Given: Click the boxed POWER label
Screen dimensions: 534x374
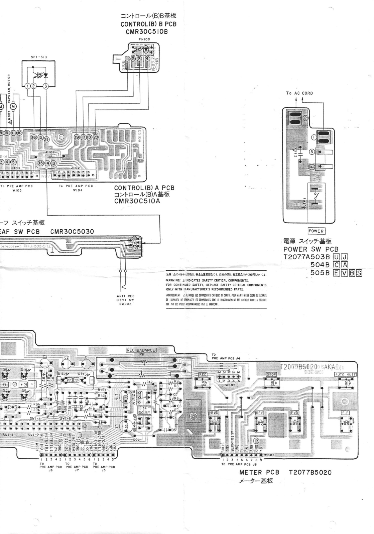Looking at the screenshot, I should [316, 231].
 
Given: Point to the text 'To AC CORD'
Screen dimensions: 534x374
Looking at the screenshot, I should [299, 93].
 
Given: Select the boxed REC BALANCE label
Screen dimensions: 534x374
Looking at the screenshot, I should [141, 350].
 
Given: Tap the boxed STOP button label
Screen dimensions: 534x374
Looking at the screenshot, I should [271, 374].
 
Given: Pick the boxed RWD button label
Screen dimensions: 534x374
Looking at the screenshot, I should [214, 413].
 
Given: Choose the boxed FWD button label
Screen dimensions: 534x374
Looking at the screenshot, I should [294, 413].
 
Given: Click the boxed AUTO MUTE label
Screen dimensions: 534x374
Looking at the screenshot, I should [345, 374].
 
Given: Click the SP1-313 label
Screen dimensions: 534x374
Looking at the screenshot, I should [39, 57].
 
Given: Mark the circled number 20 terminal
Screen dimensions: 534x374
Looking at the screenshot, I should [96, 137].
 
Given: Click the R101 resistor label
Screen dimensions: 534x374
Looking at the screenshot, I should [50, 152].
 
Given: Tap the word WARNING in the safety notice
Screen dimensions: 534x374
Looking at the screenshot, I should [174, 280].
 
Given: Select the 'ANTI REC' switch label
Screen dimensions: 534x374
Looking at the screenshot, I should [126, 296].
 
